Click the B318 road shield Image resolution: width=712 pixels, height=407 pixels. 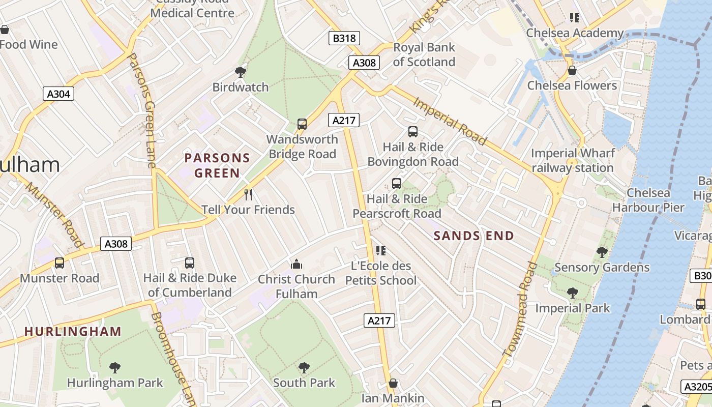coord(344,38)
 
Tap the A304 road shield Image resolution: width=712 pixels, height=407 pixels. coord(59,94)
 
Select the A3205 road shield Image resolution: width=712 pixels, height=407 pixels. coord(697,387)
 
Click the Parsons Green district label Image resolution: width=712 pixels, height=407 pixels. coord(217,165)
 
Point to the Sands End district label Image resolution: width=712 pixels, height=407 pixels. coord(473,236)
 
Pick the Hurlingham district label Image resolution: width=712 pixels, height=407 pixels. coord(73,332)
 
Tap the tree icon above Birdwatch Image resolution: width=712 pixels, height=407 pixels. coord(241,72)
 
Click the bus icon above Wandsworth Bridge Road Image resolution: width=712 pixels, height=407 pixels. coord(302,124)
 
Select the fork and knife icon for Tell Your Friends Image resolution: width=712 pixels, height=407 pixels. coord(248,195)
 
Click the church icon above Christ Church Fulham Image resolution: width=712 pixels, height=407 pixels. coord(296,264)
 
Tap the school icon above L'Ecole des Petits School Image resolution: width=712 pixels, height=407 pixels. coord(381,250)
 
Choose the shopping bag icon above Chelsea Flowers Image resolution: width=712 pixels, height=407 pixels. coord(572,70)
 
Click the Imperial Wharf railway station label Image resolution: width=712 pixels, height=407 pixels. coord(573,160)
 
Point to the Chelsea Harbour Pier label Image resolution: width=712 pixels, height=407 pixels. coord(648,200)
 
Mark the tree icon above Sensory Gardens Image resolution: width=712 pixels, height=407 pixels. coord(602,252)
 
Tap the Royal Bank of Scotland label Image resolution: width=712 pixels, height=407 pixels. coord(424,54)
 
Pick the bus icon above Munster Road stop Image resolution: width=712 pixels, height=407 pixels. coord(60,263)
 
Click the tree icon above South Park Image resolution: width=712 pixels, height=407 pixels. coord(304,367)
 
